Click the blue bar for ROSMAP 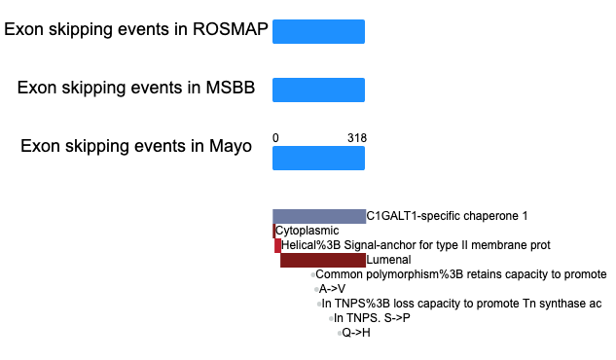(x=318, y=31)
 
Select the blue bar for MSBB (x=318, y=90)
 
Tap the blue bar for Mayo (x=318, y=159)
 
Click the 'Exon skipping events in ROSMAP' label (x=136, y=30)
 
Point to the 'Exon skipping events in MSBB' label (x=136, y=88)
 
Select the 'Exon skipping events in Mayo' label (x=136, y=147)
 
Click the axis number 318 (x=357, y=138)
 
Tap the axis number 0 (x=275, y=138)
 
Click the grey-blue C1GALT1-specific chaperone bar (x=319, y=217)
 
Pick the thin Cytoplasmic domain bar (x=273, y=231)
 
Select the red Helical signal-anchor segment (x=277, y=246)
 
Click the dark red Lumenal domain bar (x=323, y=261)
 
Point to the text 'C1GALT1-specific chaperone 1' (x=447, y=216)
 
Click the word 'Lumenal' (x=388, y=260)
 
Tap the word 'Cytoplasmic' (x=308, y=231)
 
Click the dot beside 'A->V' (x=316, y=290)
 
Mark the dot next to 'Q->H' (x=340, y=334)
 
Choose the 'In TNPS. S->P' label (x=372, y=318)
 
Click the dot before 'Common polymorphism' (x=312, y=274)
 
